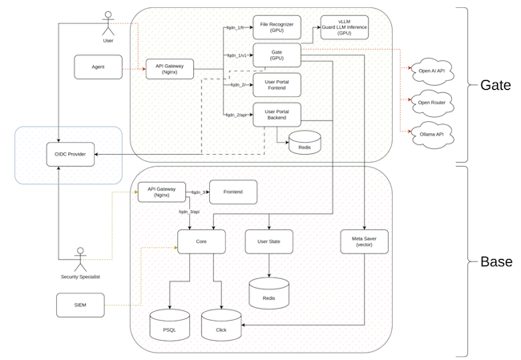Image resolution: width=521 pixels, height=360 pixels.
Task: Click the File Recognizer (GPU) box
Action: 277,27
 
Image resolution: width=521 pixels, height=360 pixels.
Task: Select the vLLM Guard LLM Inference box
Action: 344,27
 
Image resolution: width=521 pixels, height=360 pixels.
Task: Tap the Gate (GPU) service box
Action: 277,55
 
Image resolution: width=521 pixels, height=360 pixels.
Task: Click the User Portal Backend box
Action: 277,115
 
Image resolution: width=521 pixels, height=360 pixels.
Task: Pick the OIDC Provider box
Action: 70,154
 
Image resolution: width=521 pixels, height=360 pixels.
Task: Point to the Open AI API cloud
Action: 431,71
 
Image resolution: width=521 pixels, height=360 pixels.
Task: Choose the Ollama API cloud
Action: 431,134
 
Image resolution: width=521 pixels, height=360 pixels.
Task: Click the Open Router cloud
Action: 431,103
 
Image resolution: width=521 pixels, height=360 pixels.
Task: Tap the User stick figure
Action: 108,23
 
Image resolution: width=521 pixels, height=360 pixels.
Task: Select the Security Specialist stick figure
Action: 80,259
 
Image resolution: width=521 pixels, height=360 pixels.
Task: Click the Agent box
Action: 98,67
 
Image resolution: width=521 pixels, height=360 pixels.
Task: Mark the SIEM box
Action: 80,305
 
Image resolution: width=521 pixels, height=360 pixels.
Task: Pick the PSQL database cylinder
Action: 169,325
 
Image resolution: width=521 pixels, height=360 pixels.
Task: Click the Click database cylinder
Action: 221,325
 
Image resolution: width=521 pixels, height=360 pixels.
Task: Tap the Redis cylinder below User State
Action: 269,293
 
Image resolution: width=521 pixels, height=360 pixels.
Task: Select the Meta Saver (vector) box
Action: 364,241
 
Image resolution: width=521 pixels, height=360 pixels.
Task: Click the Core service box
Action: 201,241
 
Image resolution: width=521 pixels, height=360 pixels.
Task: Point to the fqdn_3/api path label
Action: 189,212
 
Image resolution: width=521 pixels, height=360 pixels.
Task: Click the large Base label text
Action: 496,261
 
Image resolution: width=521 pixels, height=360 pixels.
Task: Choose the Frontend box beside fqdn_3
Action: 233,192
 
